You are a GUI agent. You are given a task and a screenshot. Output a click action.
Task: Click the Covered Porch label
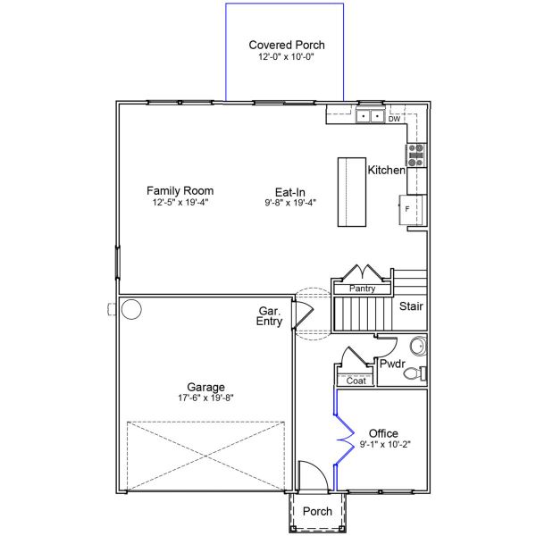tap(287, 45)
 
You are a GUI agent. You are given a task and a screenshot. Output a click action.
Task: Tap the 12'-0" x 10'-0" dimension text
tap(286, 57)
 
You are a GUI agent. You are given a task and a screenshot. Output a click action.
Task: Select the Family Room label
tap(180, 190)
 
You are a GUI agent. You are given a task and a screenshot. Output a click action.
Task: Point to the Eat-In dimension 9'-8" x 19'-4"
tap(290, 203)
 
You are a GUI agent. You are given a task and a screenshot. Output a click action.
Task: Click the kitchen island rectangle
tap(352, 192)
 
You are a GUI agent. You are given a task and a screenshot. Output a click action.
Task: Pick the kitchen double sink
tap(370, 116)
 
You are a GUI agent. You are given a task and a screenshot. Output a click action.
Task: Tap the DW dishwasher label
tap(394, 119)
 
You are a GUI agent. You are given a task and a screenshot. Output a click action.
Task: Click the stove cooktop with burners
tap(416, 155)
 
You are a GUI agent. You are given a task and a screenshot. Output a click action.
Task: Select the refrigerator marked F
tap(413, 210)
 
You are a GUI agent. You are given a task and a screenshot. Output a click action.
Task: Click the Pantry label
tap(363, 289)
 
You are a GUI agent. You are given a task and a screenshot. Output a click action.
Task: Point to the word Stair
tap(411, 306)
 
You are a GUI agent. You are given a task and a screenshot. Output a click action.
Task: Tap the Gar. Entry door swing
tap(303, 314)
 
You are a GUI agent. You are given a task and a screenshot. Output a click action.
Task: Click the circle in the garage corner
tap(131, 309)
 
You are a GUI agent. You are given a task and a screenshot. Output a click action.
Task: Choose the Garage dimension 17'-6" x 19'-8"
tap(205, 398)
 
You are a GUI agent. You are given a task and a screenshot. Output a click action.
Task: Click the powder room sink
tap(419, 346)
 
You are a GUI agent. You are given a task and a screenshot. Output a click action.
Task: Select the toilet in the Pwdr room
tap(415, 373)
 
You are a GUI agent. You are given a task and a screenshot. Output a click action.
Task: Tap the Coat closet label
tap(356, 381)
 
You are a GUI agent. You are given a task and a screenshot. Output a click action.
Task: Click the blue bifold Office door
tap(344, 440)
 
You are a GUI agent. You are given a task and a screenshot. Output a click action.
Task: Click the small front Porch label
tap(317, 511)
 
